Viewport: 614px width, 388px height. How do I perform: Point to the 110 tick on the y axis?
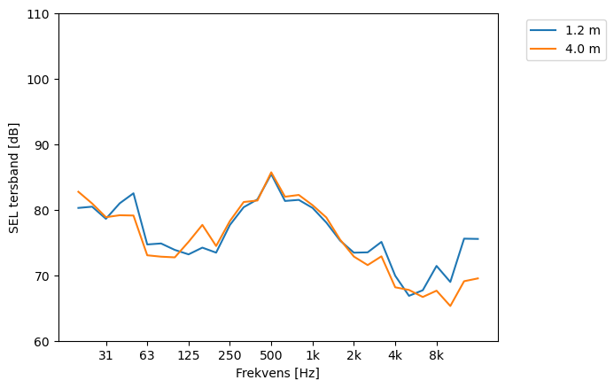tap(41, 14)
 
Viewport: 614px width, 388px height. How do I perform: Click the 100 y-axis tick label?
tap(41, 80)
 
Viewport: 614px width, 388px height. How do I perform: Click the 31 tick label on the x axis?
tap(105, 355)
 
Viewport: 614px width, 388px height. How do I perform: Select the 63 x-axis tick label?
tap(147, 355)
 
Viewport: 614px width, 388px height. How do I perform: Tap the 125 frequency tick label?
tap(188, 355)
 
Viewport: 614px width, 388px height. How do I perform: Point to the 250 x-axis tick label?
tap(229, 355)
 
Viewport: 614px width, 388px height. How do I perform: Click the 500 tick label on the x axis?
tap(271, 355)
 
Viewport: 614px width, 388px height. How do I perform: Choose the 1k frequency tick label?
tap(313, 355)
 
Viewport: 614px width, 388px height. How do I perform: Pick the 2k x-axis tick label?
tap(354, 355)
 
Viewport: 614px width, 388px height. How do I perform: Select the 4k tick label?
tap(395, 355)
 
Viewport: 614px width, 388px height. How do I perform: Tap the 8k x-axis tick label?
tap(437, 355)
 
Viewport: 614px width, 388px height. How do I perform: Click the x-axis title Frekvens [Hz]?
tap(277, 374)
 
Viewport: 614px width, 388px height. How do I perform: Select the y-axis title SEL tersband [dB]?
tap(14, 177)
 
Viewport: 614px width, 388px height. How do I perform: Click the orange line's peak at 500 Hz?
tap(271, 173)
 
